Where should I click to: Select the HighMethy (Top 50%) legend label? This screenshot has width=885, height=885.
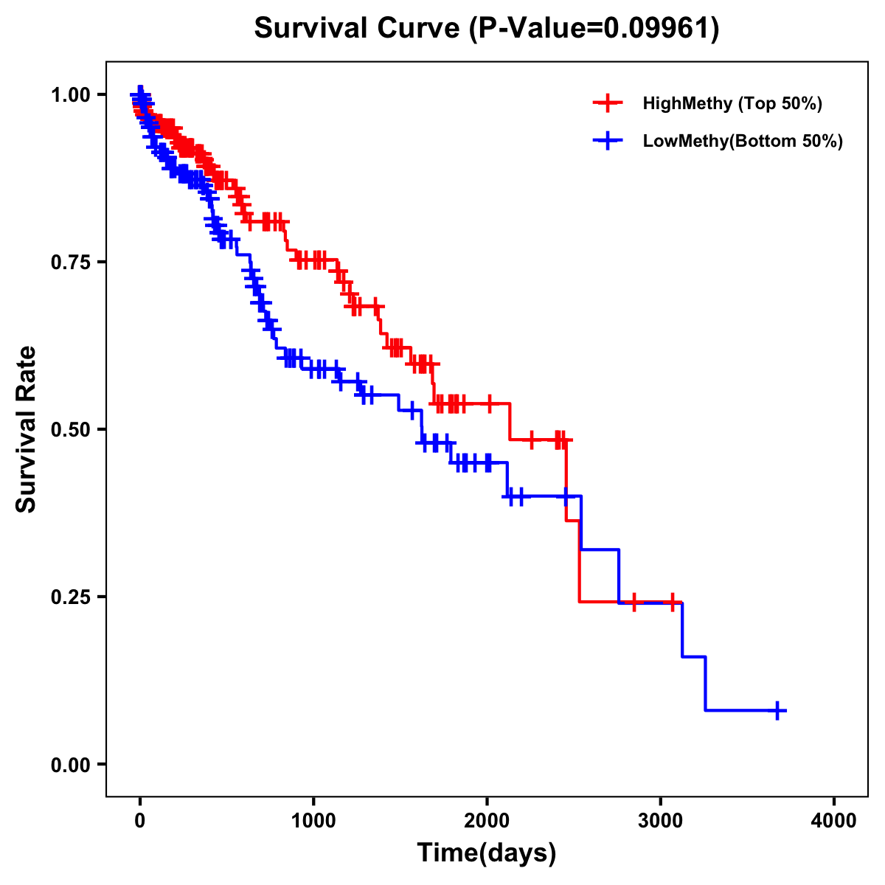point(732,103)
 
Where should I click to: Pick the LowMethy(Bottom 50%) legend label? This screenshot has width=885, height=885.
point(743,141)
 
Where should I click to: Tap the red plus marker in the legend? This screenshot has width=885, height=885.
point(608,103)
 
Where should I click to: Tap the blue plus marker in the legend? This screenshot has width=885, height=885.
point(608,141)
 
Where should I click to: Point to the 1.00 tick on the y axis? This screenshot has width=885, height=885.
point(70,94)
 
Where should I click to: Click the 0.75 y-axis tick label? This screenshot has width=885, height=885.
point(70,262)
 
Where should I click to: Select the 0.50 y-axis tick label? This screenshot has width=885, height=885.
point(70,429)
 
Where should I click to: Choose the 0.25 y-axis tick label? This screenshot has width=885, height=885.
point(70,597)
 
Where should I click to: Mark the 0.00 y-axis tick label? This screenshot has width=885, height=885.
point(70,764)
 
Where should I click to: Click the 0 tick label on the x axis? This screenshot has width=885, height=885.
point(140,821)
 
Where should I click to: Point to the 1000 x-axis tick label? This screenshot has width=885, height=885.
point(313,821)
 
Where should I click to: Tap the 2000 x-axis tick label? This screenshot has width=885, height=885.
point(487,821)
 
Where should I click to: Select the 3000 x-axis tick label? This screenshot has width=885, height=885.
point(661,821)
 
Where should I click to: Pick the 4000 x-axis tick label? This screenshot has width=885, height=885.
point(834,821)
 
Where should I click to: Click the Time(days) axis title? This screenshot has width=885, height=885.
point(487,853)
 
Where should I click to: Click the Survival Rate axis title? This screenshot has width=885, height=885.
point(27,429)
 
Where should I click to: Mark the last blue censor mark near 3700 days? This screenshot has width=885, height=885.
point(777,710)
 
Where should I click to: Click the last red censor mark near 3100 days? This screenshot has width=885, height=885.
point(672,603)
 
